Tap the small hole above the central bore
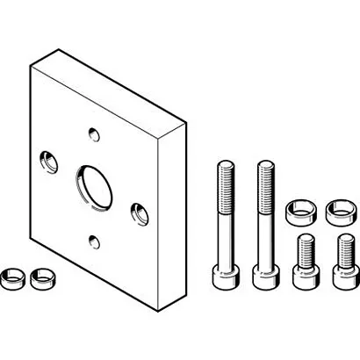(94, 134)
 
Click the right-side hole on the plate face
(139, 211)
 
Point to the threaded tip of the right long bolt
(263, 171)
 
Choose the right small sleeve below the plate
(40, 280)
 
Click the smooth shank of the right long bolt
(263, 237)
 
